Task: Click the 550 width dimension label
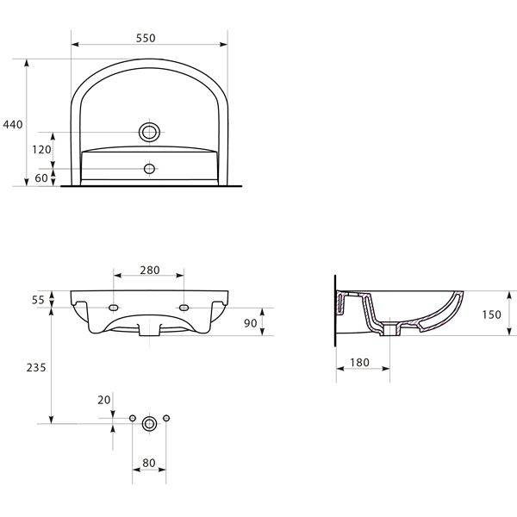click(x=146, y=38)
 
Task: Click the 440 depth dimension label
click(x=13, y=125)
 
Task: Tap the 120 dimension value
click(x=41, y=150)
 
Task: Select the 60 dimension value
click(x=41, y=178)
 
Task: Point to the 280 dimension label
click(x=150, y=271)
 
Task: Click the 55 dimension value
click(x=38, y=300)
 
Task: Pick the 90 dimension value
click(x=251, y=323)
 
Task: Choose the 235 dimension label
click(x=36, y=368)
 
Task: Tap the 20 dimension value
click(x=104, y=401)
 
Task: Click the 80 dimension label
click(x=149, y=463)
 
